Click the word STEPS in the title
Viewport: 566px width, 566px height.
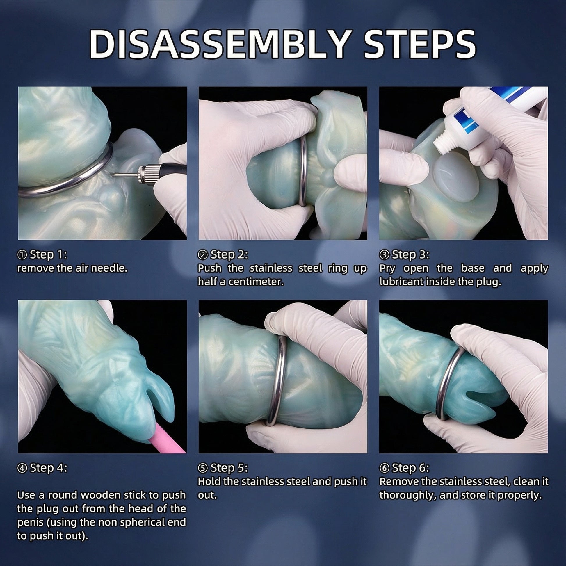420,45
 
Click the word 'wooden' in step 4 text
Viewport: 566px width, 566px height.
100,495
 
